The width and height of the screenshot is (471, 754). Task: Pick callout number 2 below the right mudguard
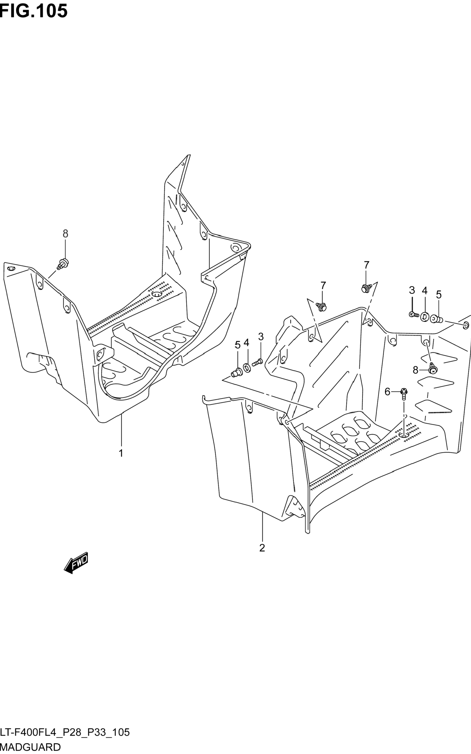pyautogui.click(x=262, y=548)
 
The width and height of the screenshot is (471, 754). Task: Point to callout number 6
pyautogui.click(x=387, y=392)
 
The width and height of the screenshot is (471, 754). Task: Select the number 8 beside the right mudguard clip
pyautogui.click(x=415, y=370)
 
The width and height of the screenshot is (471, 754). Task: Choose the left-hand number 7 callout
pyautogui.click(x=323, y=285)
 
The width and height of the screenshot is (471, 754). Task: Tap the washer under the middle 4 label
pyautogui.click(x=247, y=368)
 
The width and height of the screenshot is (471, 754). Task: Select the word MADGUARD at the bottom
pyautogui.click(x=31, y=747)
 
